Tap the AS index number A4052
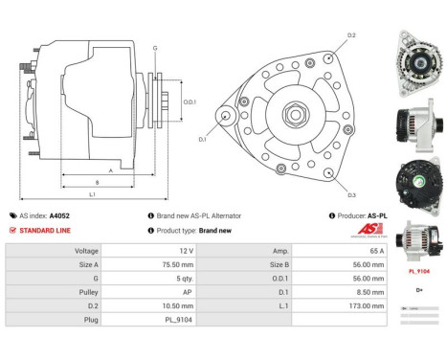coord(59,215)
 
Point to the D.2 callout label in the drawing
coord(351,35)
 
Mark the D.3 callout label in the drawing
coord(351,195)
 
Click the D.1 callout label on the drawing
coord(203,140)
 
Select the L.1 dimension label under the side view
coord(92,195)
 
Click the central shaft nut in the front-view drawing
coord(288,115)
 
